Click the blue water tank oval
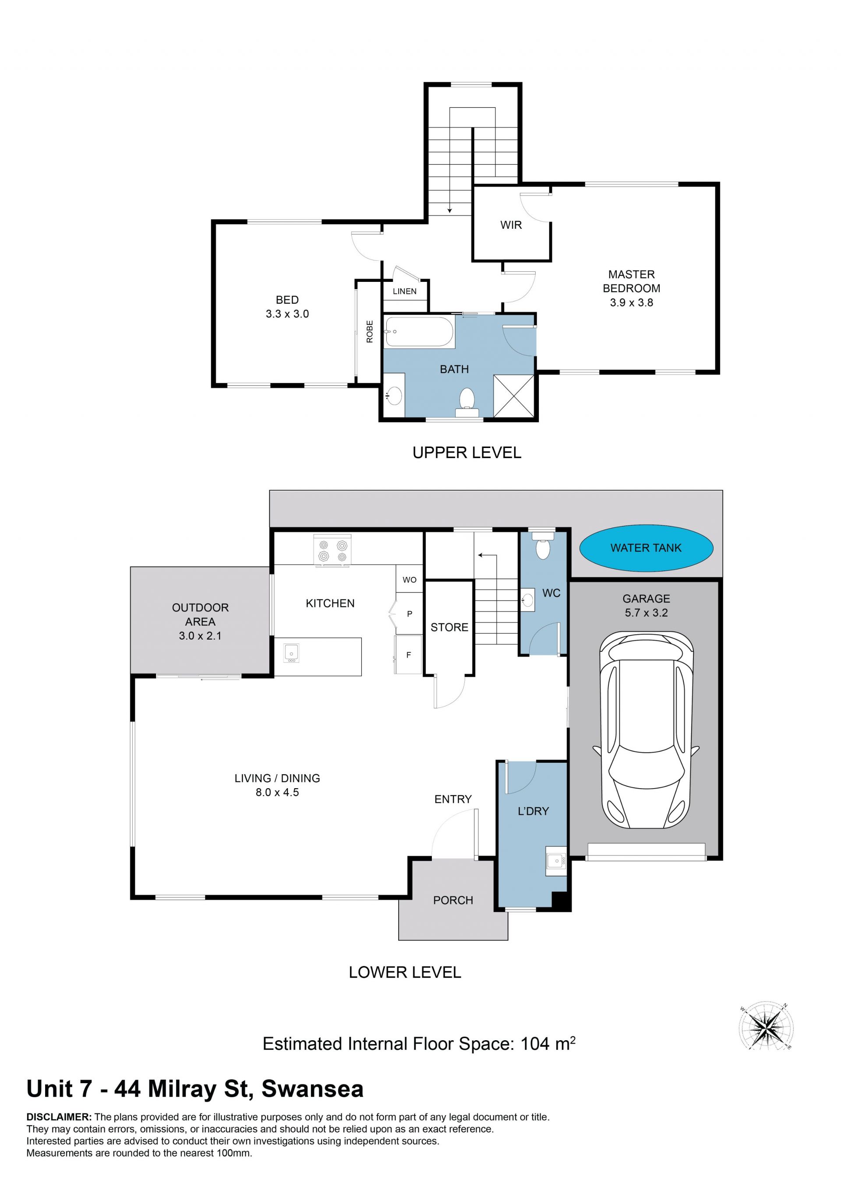[x=646, y=548]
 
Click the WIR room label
[x=511, y=225]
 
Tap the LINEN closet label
[x=404, y=292]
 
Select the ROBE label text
[x=370, y=331]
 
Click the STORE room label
[x=449, y=627]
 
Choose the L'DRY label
[x=533, y=811]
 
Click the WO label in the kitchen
[x=409, y=580]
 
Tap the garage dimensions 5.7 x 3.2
[x=646, y=613]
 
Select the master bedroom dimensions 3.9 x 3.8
[x=631, y=302]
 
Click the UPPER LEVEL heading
[x=466, y=452]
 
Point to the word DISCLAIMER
[x=59, y=1117]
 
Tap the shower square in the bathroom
[x=513, y=395]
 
